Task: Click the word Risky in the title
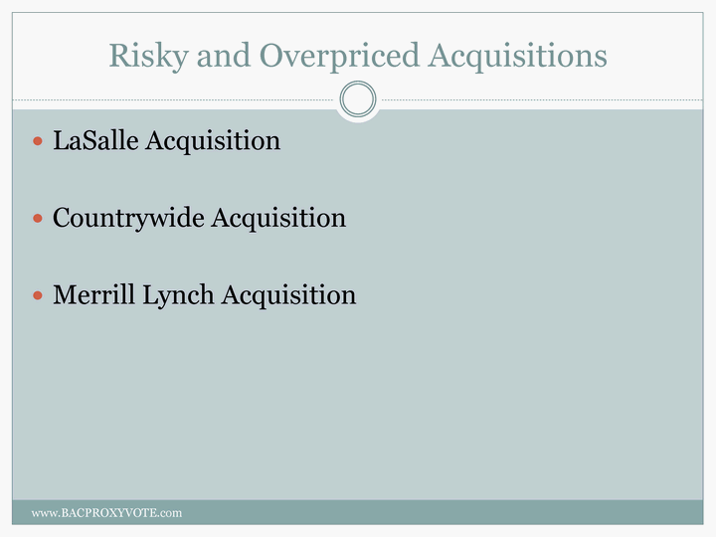[x=148, y=57]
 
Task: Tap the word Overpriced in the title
[x=339, y=57]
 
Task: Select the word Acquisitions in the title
[x=517, y=57]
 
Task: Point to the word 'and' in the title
[x=224, y=55]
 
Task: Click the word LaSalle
[x=95, y=140]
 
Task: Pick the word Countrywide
[x=128, y=218]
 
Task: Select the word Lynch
[x=178, y=296]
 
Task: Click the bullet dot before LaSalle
[x=38, y=140]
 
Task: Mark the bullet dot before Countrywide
[x=38, y=218]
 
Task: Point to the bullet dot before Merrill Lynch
[x=38, y=295]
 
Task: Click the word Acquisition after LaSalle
[x=213, y=141]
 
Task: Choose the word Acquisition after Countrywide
[x=278, y=218]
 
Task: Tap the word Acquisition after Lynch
[x=288, y=296]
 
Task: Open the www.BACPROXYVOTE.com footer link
[x=106, y=513]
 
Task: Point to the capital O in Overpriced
[x=272, y=56]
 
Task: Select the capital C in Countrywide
[x=63, y=218]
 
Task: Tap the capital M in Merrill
[x=66, y=294]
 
